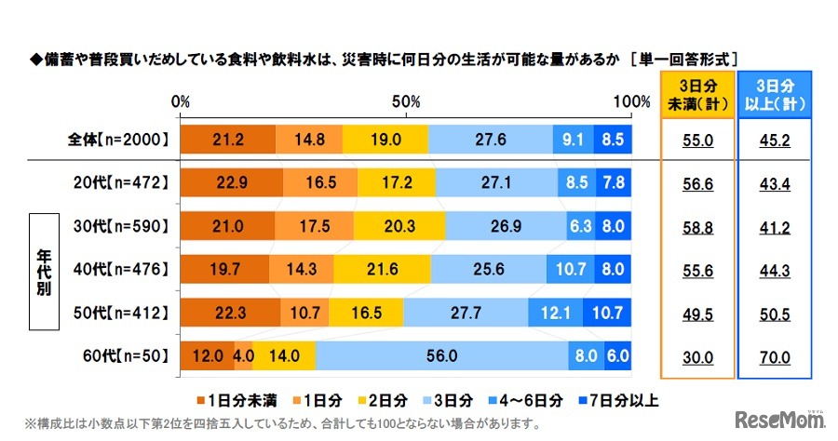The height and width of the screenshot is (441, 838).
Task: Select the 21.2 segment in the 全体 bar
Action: (228, 140)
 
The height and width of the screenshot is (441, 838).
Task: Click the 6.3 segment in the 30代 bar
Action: (581, 226)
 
